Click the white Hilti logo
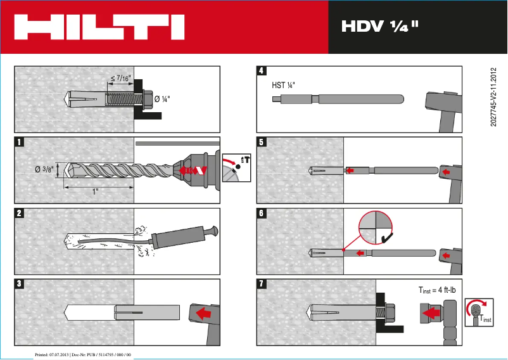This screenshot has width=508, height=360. click(99, 27)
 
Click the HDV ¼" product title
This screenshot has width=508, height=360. click(380, 27)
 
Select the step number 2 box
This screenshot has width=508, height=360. click(20, 213)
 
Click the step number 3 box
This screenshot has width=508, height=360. click(20, 284)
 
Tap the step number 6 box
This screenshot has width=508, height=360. click(262, 213)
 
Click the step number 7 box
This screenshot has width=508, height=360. click(262, 284)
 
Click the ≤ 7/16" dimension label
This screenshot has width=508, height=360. click(120, 79)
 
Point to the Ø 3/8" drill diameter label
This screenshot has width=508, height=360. click(45, 169)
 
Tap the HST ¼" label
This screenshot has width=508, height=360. click(284, 85)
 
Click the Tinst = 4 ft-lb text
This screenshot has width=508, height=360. click(442, 290)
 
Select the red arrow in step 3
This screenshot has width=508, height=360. click(204, 312)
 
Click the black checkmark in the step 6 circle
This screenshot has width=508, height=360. click(386, 238)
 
